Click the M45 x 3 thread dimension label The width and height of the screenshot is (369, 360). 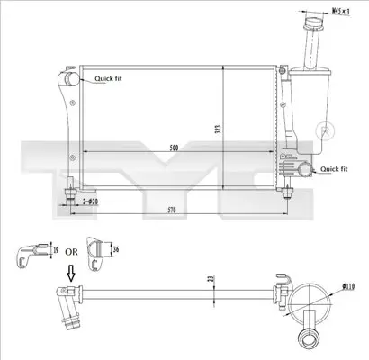(341, 12)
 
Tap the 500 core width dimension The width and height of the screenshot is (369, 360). (174, 148)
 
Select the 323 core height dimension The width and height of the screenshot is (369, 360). (219, 129)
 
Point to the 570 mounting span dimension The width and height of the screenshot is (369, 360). (172, 210)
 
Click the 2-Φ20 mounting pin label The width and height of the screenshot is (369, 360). (90, 202)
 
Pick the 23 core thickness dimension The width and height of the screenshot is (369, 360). (211, 278)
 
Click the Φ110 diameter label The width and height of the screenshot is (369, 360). (348, 287)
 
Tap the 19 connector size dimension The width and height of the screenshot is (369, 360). (56, 249)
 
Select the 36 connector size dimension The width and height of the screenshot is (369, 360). (116, 249)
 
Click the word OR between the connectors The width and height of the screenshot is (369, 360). (71, 252)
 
